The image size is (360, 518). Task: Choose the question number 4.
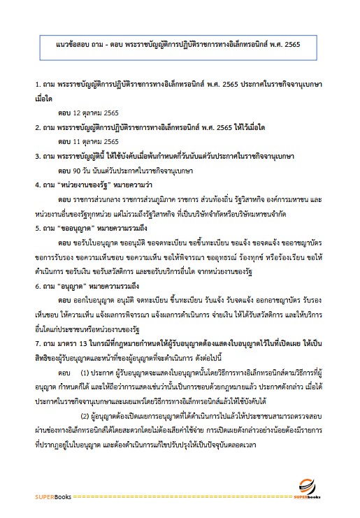(x=37, y=185)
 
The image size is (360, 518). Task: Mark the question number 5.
(x=37, y=228)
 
